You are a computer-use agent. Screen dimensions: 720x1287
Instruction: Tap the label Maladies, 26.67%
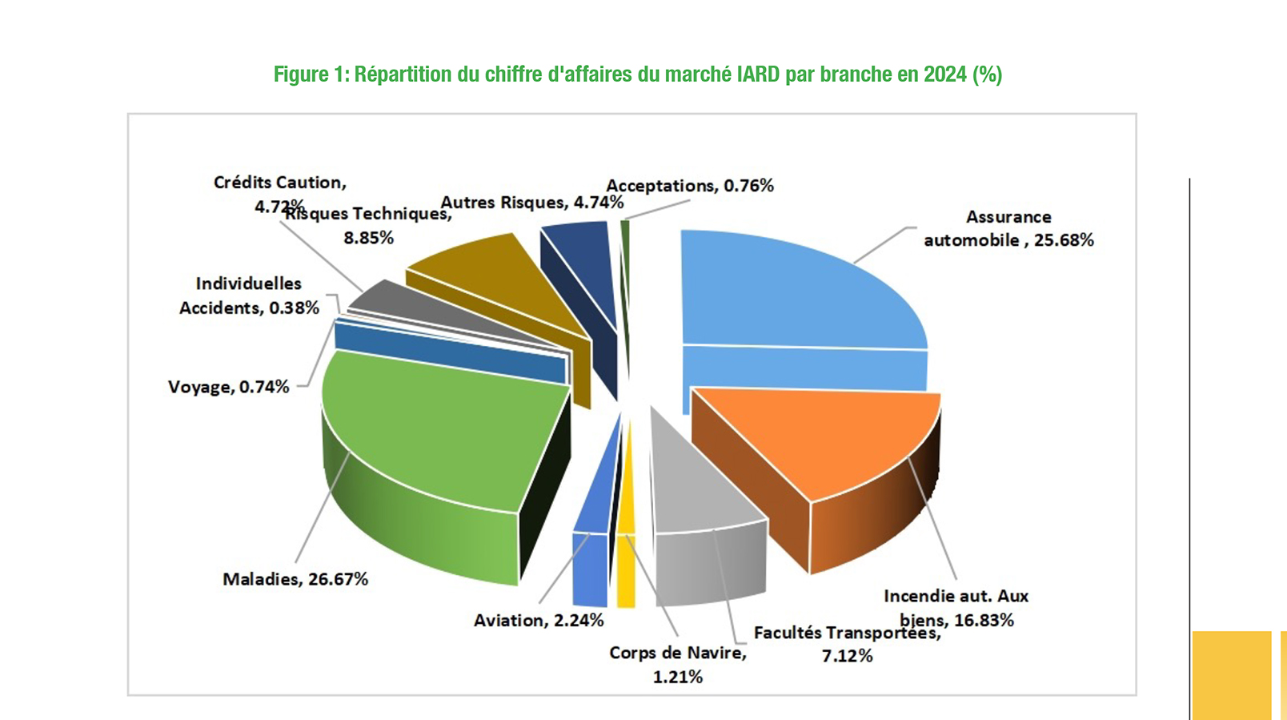click(295, 579)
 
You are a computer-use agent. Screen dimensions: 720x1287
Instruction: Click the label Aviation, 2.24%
click(539, 621)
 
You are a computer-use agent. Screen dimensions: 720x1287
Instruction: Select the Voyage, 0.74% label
click(228, 387)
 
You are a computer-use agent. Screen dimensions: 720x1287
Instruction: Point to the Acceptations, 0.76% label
click(689, 186)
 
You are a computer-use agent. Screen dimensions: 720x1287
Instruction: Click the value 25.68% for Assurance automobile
click(1064, 240)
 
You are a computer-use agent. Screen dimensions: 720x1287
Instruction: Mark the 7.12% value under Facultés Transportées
click(847, 656)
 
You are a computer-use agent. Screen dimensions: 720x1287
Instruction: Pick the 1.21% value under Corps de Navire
click(678, 677)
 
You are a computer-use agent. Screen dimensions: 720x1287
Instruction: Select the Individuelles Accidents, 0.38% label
click(249, 296)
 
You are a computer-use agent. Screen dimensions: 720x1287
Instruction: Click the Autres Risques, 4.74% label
click(531, 203)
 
